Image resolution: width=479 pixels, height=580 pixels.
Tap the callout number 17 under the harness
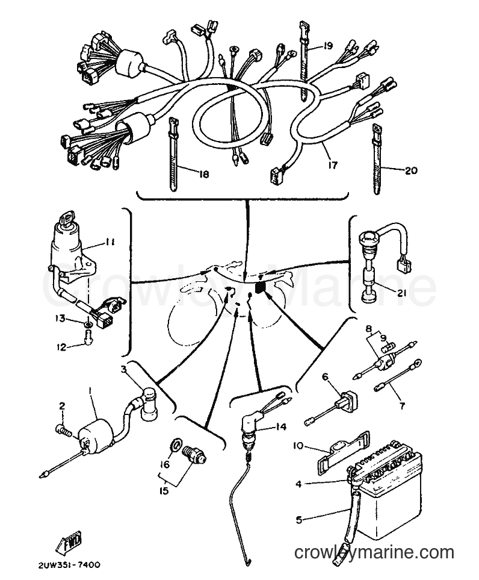[x=333, y=164]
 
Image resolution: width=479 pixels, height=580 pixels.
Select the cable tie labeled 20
[x=377, y=158]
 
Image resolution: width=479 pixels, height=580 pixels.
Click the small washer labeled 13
[x=88, y=325]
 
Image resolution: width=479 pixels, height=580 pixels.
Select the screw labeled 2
[x=64, y=430]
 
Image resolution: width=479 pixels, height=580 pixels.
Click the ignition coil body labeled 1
[x=96, y=433]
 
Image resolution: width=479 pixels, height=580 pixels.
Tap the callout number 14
[x=281, y=426]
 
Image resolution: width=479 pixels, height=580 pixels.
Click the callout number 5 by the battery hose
[x=299, y=520]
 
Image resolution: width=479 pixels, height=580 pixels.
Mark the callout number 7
[x=402, y=406]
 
